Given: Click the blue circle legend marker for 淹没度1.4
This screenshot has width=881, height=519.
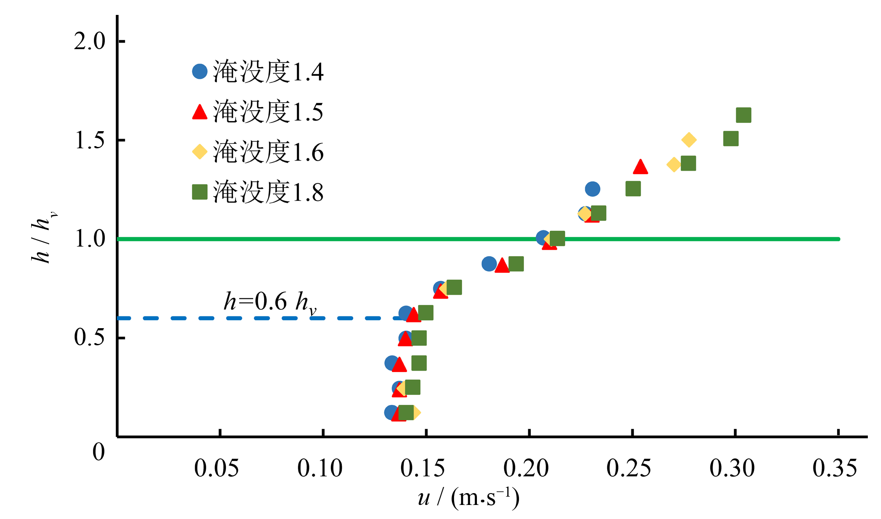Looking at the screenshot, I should point(200,72).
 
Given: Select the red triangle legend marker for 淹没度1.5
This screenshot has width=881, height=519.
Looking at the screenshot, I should point(200,112).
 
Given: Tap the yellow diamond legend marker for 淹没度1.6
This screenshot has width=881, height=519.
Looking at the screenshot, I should point(200,152).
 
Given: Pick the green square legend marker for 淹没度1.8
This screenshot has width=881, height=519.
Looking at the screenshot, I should point(200,192).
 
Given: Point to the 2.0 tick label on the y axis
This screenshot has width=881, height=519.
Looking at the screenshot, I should point(90,42).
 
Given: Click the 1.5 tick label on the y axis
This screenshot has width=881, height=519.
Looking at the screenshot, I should point(90,141).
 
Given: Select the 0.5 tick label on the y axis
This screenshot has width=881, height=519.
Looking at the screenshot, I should point(90,337).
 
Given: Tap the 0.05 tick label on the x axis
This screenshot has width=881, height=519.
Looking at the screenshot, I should point(216,468).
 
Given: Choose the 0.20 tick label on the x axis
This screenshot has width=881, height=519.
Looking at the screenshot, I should point(526,468).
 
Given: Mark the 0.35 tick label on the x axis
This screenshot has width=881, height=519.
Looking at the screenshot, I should point(834,468).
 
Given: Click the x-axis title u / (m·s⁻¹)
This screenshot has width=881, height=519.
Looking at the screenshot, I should point(469,498).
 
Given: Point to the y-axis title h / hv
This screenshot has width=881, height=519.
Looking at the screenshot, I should point(43,238).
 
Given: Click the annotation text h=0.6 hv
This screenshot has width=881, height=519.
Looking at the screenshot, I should point(269,302).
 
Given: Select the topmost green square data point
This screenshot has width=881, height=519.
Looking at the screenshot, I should point(743,115).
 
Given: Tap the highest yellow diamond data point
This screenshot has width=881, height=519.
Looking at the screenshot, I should point(689,140).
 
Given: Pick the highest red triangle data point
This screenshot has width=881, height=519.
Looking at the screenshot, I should point(641,167).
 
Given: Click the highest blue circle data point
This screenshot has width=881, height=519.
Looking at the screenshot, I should point(592,189).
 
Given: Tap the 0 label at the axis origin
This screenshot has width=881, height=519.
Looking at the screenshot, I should point(99,452).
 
